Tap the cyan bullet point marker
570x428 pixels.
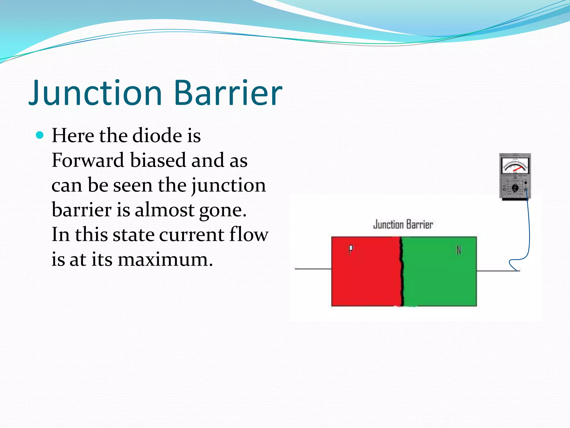coord(40,135)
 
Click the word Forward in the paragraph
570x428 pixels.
coord(88,160)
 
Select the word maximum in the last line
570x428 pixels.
coord(165,259)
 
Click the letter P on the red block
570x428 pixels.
coord(351,249)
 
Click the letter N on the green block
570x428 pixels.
coord(459,250)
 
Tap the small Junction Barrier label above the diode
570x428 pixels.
coord(403,225)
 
